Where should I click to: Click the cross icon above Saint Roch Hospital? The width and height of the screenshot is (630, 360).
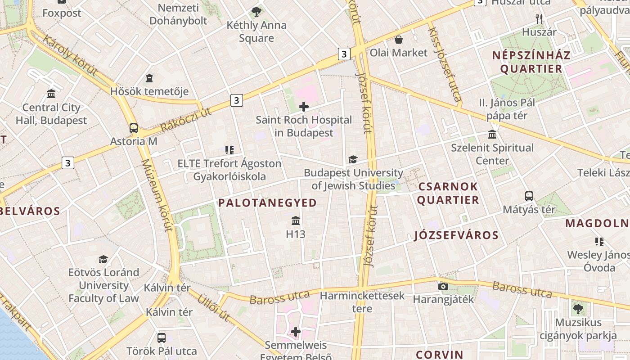(304, 107)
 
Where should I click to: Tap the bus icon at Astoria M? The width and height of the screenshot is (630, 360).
(134, 128)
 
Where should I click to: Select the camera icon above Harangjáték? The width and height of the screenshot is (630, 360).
(443, 286)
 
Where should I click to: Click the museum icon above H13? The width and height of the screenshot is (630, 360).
(296, 221)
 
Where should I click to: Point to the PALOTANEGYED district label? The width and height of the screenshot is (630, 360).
(268, 203)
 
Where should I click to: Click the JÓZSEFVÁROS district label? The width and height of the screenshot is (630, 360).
(456, 235)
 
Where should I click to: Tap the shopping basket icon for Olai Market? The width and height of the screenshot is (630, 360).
(398, 40)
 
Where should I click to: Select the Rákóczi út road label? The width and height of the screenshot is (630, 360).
(185, 120)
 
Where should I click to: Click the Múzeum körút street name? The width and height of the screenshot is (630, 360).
(157, 195)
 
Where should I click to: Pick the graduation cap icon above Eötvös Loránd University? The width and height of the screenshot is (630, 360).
(103, 259)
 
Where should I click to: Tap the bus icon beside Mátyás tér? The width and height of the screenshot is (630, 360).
(529, 196)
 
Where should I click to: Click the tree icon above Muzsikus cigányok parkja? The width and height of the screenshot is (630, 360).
(578, 309)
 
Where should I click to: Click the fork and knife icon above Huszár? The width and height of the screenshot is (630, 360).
(539, 19)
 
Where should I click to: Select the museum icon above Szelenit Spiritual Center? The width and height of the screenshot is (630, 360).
(492, 135)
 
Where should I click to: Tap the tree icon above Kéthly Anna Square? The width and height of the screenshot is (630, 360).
(256, 12)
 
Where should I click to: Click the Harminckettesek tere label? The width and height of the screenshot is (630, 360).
(362, 302)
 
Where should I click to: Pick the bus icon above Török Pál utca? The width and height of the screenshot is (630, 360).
(162, 337)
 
